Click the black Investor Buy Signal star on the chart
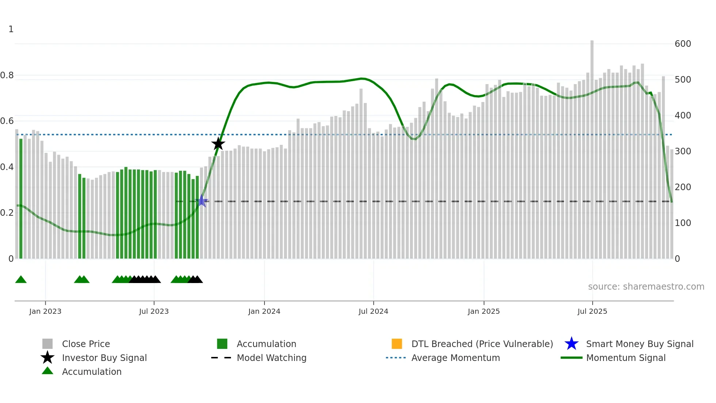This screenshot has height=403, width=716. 218,144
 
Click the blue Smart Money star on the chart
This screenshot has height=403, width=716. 202,201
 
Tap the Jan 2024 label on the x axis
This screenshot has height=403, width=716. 264,312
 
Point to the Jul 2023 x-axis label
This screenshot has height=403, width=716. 154,312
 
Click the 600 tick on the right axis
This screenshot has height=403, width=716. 682,44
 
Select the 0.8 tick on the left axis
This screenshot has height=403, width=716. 7,75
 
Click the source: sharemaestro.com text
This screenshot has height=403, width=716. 646,287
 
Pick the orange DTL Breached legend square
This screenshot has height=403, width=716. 397,344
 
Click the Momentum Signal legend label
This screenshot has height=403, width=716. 626,358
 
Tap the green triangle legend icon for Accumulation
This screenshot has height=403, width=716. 47,371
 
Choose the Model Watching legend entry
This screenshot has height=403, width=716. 271,358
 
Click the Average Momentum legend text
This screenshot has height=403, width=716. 456,358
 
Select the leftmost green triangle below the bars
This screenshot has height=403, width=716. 21,280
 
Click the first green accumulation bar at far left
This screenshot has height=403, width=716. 21,199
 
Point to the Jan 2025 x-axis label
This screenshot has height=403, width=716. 484,312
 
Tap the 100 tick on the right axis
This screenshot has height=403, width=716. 682,223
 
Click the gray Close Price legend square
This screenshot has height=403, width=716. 47,344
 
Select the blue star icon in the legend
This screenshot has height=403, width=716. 571,344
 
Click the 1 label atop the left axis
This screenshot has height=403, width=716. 11,29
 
